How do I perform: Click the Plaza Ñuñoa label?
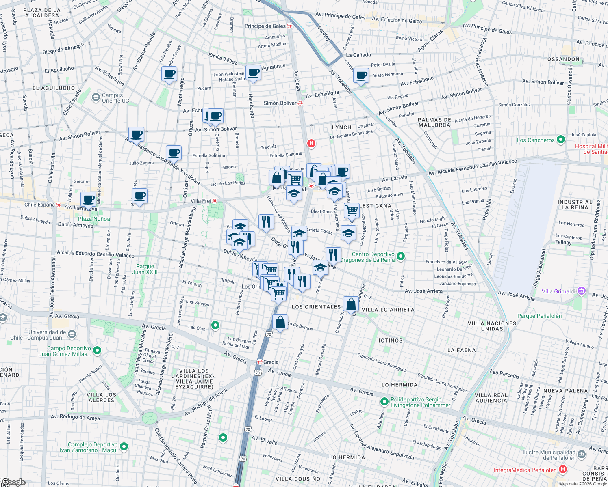tap(94, 219)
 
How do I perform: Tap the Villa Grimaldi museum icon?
tap(582, 291)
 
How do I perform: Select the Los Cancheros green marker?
tap(561, 140)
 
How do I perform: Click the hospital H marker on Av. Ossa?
tap(311, 143)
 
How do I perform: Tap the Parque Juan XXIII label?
tap(145, 269)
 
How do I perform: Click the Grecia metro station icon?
tap(259, 362)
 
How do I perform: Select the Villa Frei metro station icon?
tap(214, 201)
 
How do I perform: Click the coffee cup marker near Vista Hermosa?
tap(361, 75)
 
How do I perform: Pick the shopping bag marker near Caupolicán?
tap(351, 304)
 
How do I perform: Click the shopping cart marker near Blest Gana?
tap(352, 210)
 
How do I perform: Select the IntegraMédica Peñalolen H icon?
tap(563, 470)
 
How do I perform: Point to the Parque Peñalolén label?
tap(539, 316)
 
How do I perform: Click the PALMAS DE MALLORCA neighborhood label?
tap(434, 122)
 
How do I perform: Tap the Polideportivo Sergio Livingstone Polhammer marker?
tap(384, 402)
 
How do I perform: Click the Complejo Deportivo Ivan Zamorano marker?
tap(124, 447)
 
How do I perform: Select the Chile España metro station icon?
tap(58, 205)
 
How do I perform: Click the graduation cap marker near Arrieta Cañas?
tap(299, 233)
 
